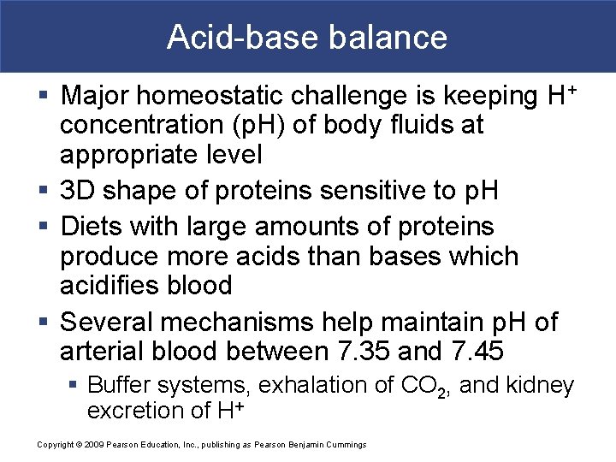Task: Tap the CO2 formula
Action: pos(425,387)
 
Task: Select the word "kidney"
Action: pos(541,386)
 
